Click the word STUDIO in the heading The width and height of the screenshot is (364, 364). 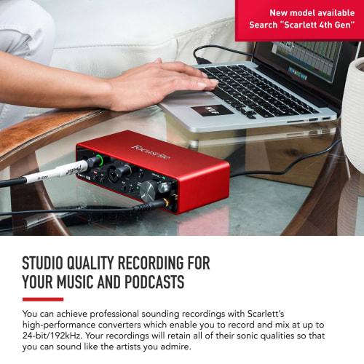[x=49, y=264]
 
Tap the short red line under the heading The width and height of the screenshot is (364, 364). [x=42, y=299]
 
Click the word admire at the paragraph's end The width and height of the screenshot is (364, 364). [x=172, y=347]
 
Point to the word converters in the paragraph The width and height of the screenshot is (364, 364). [x=138, y=324]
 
